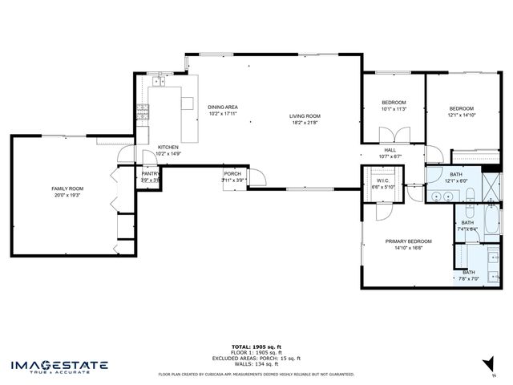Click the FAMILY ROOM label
tap(67, 188)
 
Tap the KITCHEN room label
tap(168, 147)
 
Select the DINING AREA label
tap(223, 107)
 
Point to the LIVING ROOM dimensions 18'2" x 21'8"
tap(305, 123)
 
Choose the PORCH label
tap(232, 173)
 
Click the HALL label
tap(390, 150)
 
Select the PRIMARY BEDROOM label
tap(408, 241)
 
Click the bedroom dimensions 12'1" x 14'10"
tap(461, 115)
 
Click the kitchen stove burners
tap(143, 113)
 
